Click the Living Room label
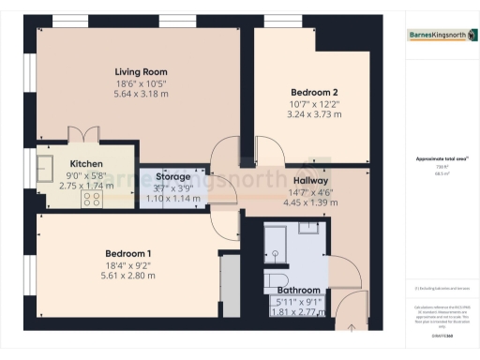tap(141, 72)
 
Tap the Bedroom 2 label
tap(314, 92)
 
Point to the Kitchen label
tap(85, 162)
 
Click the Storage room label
tap(173, 176)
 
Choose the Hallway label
tap(309, 180)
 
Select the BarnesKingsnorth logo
tap(438, 36)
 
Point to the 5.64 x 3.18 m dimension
tap(141, 94)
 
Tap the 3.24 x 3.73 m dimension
tap(314, 114)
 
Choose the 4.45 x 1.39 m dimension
tap(309, 202)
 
